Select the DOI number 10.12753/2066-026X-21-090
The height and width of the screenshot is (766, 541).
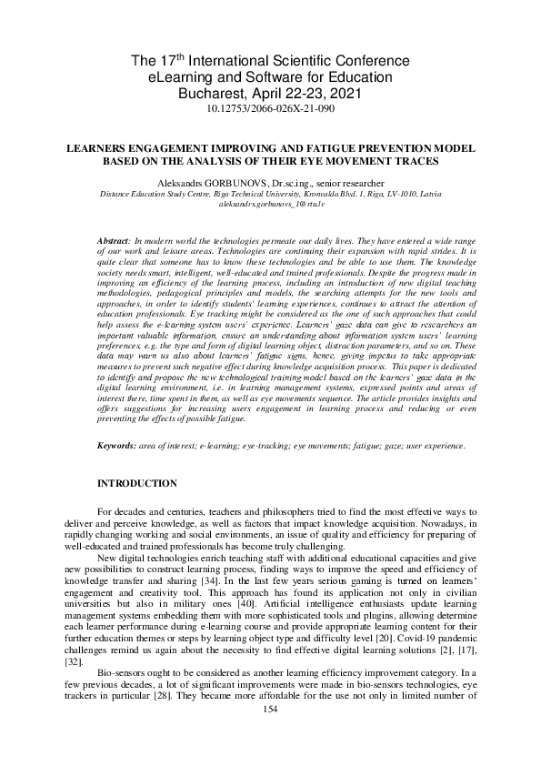[x=271, y=108]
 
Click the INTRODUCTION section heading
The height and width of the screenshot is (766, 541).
[x=137, y=483]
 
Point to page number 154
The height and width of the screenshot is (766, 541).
[x=270, y=733]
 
